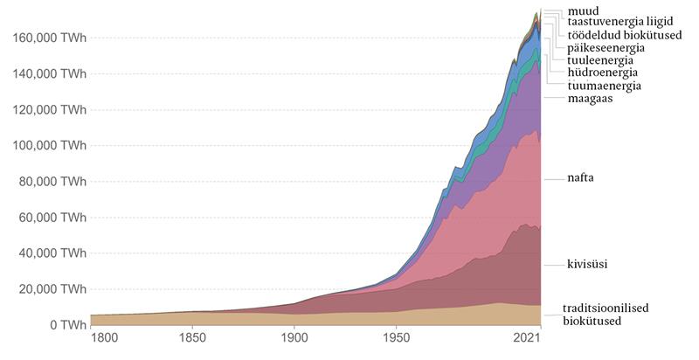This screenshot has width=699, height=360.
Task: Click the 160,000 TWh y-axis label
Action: [49, 38]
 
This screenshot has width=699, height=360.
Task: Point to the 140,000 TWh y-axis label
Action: [49, 74]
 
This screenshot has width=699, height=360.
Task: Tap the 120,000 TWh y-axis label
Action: [49, 110]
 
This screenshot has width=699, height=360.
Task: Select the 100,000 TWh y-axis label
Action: [49, 146]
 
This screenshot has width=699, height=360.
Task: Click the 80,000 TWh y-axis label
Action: [52, 182]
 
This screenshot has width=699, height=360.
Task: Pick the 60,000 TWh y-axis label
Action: [52, 218]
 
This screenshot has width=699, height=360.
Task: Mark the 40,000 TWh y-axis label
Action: [52, 253]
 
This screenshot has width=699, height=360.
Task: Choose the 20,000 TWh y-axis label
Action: [52, 289]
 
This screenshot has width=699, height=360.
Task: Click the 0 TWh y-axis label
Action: [66, 325]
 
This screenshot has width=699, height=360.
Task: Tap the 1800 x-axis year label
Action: [103, 338]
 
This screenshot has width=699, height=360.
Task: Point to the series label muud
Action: [583, 10]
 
